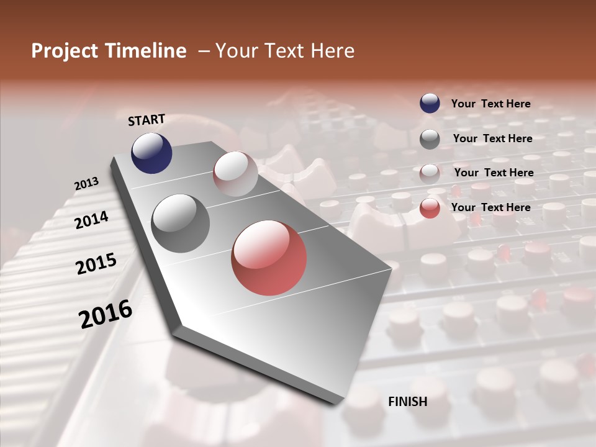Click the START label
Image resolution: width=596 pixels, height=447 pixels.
pyautogui.click(x=147, y=120)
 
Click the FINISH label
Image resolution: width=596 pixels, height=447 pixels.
pyautogui.click(x=407, y=402)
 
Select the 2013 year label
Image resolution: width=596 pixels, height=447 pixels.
pyautogui.click(x=86, y=184)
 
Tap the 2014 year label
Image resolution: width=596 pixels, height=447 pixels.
pyautogui.click(x=91, y=220)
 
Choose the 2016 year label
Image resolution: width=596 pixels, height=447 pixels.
pyautogui.click(x=106, y=314)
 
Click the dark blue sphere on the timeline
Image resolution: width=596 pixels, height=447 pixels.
pyautogui.click(x=151, y=153)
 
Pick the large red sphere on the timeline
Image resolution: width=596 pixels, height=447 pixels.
pyautogui.click(x=269, y=258)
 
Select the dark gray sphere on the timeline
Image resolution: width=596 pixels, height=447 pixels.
pyautogui.click(x=180, y=223)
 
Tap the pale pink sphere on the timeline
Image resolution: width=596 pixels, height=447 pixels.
pyautogui.click(x=235, y=174)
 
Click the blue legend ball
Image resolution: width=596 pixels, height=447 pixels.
pyautogui.click(x=430, y=103)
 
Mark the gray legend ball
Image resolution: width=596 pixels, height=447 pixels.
pyautogui.click(x=430, y=139)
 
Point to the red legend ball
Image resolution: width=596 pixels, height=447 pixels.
pyautogui.click(x=430, y=208)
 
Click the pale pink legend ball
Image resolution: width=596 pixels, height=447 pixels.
pyautogui.click(x=430, y=173)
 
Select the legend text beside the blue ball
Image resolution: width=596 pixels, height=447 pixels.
pyautogui.click(x=490, y=104)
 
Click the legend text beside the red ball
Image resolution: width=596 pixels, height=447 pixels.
pyautogui.click(x=490, y=207)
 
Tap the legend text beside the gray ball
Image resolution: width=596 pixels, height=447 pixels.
pyautogui.click(x=492, y=138)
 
